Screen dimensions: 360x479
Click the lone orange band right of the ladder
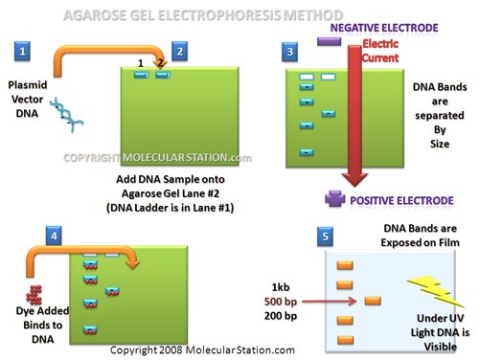(370, 303)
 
